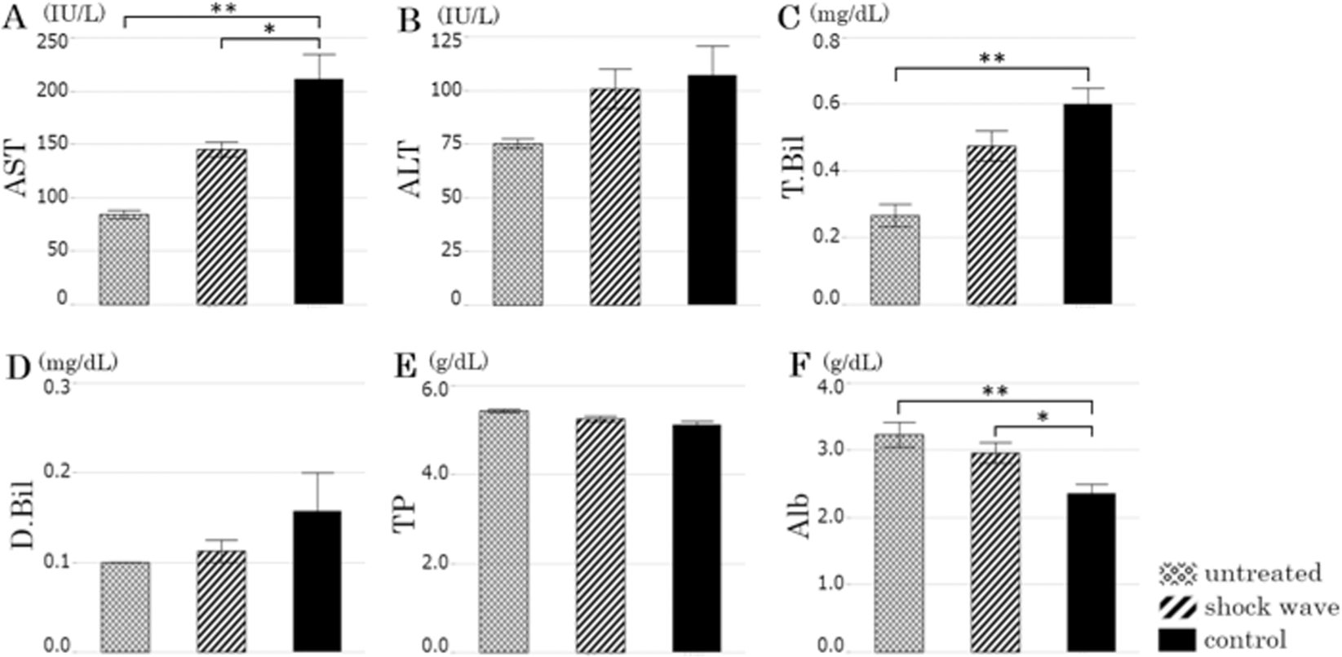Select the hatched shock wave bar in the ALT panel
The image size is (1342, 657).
click(x=615, y=196)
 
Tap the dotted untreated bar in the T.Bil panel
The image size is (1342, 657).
click(x=894, y=260)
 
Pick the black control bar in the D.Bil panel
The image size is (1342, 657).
click(x=317, y=580)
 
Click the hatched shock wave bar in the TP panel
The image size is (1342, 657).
click(x=600, y=535)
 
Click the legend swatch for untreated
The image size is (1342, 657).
click(x=1177, y=574)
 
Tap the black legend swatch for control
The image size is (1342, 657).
click(x=1177, y=638)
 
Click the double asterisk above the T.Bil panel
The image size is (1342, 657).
click(x=993, y=59)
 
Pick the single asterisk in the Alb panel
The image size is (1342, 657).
click(x=1042, y=417)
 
